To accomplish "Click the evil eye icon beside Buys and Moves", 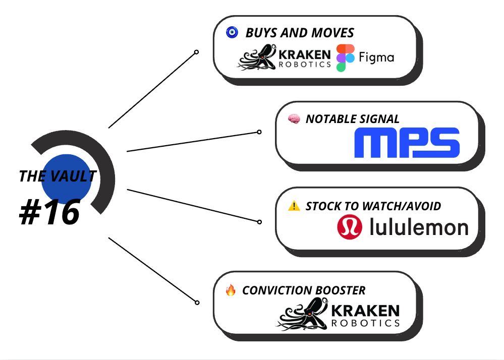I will (232, 33).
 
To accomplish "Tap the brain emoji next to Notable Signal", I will (294, 119).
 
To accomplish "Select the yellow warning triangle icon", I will (294, 205).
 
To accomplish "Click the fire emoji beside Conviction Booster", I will (231, 290).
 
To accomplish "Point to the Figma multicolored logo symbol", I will (345, 57).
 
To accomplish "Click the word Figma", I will (376, 57).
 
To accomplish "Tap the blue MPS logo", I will (407, 143).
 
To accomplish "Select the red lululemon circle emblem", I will (350, 227).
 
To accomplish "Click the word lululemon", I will (419, 227).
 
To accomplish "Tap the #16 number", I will (49, 212).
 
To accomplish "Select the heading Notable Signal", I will (352, 119).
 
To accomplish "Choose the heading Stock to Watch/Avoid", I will (373, 206).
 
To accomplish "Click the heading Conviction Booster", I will (303, 290).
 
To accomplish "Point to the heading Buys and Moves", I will (300, 33).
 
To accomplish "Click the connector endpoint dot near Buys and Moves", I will (196, 52).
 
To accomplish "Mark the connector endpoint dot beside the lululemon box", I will (259, 222).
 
